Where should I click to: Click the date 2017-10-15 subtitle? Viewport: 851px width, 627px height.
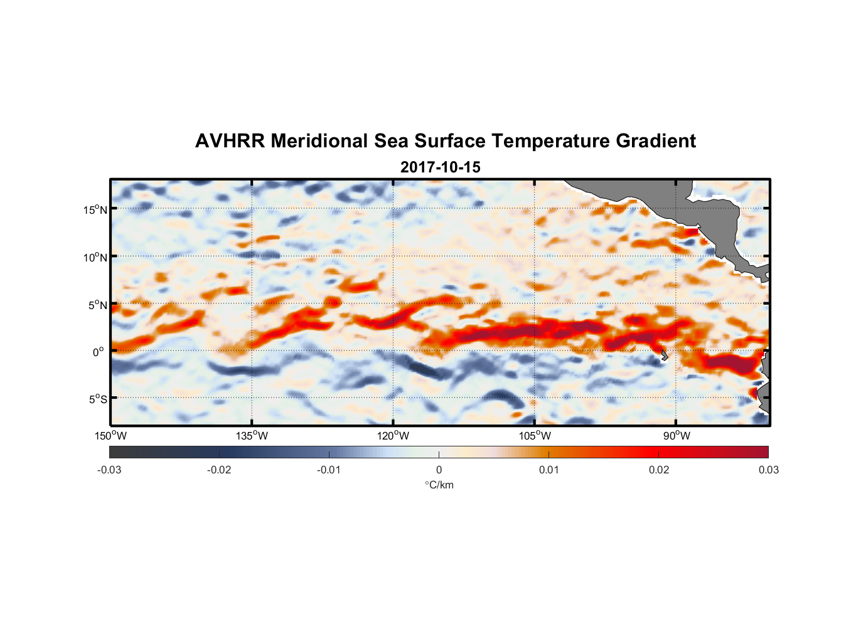point(440,167)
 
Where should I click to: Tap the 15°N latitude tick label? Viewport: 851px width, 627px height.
point(95,209)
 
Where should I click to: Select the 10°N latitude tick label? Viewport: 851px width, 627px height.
point(95,257)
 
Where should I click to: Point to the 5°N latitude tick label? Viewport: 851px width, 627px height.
point(97,305)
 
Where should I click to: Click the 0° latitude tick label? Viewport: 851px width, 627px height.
point(99,352)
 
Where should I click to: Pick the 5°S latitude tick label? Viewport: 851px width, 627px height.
point(97,399)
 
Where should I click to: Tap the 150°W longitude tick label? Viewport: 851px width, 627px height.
point(111,436)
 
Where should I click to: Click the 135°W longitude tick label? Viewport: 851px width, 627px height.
point(252,436)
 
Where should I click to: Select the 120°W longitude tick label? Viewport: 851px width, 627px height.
point(393,436)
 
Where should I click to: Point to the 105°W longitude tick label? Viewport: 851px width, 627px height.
point(535,436)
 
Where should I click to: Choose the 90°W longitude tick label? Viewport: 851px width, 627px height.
point(676,436)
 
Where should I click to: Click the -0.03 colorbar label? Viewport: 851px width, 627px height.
point(109,470)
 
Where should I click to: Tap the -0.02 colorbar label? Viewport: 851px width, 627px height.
point(219,470)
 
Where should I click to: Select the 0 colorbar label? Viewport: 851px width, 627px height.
point(439,470)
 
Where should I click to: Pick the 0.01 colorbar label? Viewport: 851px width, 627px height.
point(549,470)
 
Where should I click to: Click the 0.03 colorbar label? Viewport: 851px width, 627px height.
point(768,470)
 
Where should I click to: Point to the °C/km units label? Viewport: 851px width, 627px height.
point(439,485)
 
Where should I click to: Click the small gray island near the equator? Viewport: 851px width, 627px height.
point(664,356)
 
